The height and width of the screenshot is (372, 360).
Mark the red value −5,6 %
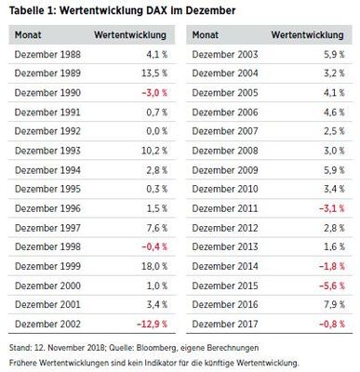click(x=329, y=285)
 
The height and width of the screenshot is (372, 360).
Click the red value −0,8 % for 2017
click(x=329, y=323)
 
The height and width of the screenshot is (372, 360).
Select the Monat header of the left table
click(x=29, y=33)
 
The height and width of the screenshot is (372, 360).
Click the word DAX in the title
click(x=140, y=10)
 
